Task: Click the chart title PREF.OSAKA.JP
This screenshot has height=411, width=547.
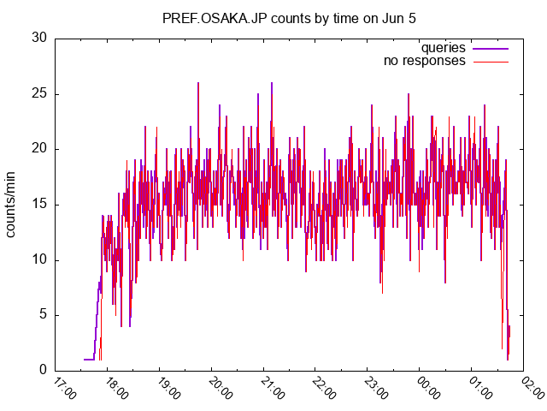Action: (219, 17)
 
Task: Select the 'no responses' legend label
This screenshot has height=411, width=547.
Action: (424, 61)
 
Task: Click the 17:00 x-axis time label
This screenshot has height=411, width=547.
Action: (64, 390)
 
